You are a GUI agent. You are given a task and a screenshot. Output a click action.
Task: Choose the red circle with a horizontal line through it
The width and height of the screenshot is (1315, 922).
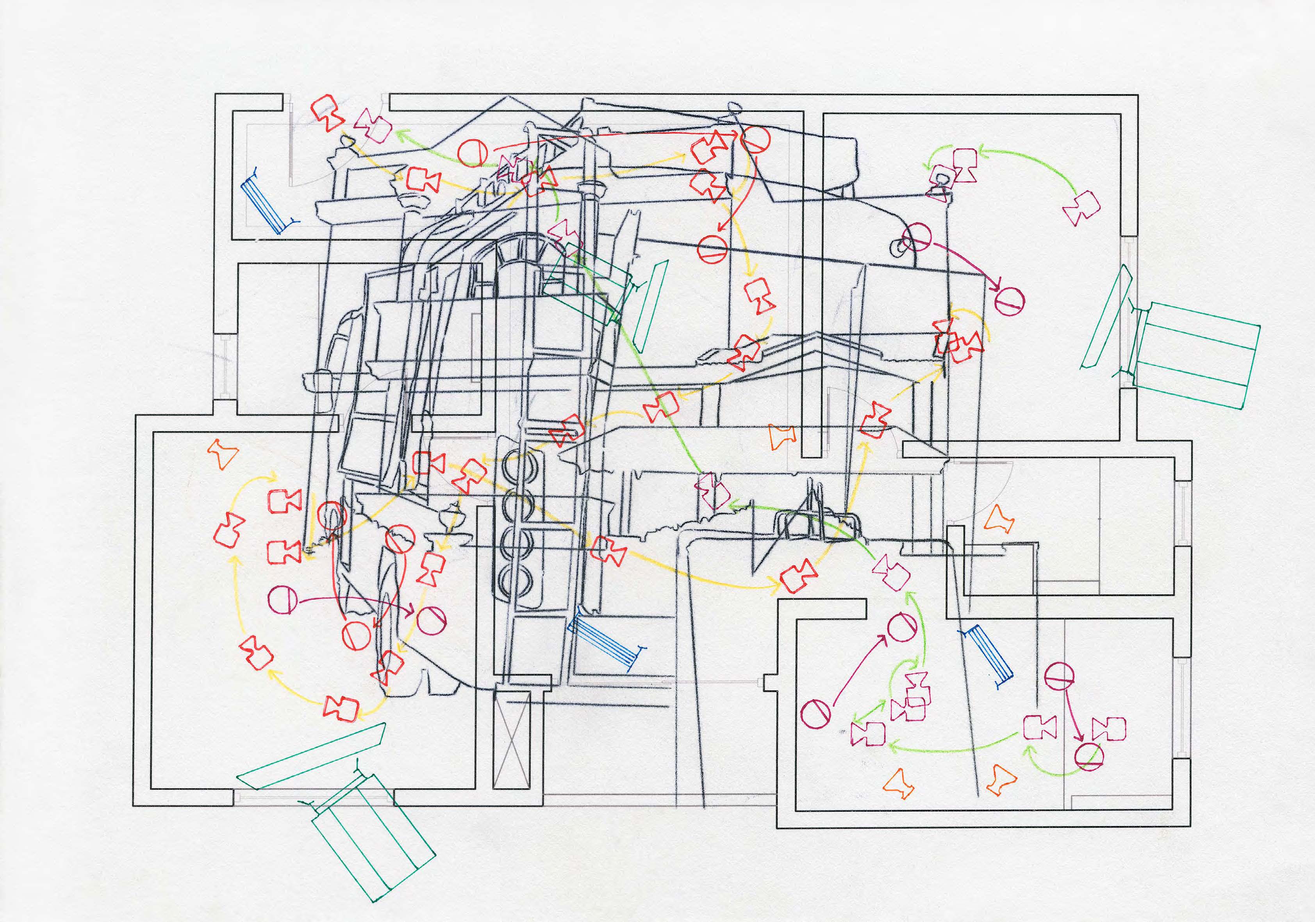pyautogui.click(x=712, y=250)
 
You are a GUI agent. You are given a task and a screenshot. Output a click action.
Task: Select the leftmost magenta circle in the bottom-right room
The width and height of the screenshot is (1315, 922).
pyautogui.click(x=815, y=715)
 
